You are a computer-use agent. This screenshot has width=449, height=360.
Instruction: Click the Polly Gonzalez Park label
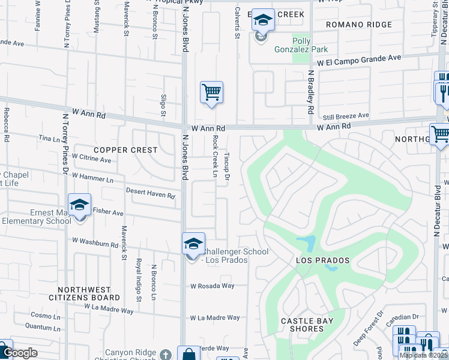click(x=302, y=43)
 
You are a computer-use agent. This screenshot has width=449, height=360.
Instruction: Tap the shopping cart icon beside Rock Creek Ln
click(x=211, y=93)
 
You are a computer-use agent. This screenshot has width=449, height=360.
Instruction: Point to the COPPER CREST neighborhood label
click(x=125, y=149)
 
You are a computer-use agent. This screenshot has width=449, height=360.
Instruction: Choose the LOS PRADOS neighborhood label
click(x=322, y=261)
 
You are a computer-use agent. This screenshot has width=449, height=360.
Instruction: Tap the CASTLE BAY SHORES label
click(x=307, y=325)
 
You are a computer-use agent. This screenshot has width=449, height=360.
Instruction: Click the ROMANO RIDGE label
click(x=359, y=25)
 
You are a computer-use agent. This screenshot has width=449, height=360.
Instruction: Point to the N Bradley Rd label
click(x=311, y=92)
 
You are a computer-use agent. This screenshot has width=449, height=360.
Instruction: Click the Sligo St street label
click(x=163, y=104)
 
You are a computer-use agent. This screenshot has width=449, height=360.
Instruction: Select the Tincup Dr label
click(x=227, y=165)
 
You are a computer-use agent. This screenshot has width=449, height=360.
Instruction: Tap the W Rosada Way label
click(x=212, y=286)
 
